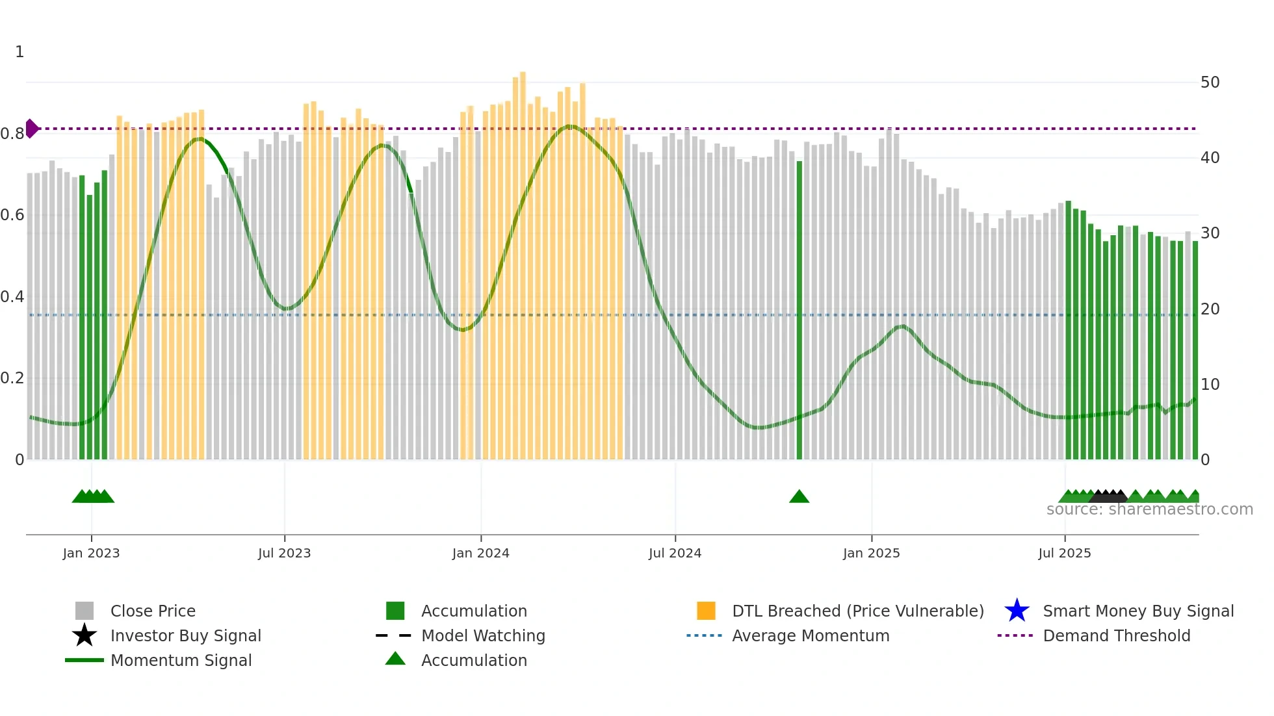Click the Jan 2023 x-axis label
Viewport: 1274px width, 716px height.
point(91,553)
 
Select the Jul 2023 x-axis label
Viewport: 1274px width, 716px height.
point(284,553)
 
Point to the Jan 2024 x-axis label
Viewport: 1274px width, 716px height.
point(480,553)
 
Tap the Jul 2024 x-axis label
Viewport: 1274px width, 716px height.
point(675,553)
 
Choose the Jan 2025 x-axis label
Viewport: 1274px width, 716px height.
point(871,553)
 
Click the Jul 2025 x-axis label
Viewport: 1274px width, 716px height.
point(1064,553)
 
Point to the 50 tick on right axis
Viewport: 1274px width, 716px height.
point(1210,83)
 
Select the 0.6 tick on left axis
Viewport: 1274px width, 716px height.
point(12,215)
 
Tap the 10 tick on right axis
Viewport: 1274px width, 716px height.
point(1210,385)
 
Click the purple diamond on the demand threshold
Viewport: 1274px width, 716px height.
point(31,129)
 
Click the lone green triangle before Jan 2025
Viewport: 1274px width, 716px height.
point(799,497)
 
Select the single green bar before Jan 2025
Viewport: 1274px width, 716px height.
point(799,311)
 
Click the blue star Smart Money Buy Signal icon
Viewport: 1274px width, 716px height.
point(1017,611)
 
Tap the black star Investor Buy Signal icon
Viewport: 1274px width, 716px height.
point(84,635)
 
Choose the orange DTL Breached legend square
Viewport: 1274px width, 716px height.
point(706,611)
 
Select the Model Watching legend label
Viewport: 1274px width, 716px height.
point(483,635)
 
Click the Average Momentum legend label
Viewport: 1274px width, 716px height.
point(811,635)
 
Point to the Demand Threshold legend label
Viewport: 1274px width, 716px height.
point(1116,635)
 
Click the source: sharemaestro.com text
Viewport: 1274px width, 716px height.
point(1149,509)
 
